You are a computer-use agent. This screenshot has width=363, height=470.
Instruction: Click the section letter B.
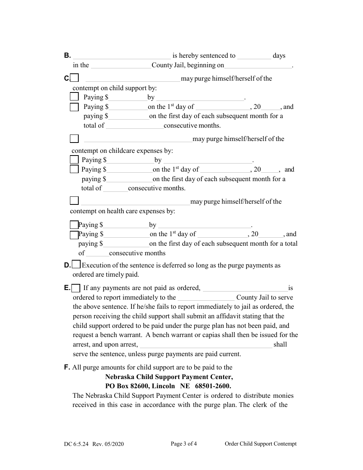67,55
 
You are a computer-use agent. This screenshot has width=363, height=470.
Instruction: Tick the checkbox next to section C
75,78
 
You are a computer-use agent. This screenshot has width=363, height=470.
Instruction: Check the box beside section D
76,264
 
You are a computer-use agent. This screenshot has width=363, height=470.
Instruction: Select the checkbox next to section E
76,288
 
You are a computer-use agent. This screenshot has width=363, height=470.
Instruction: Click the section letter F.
67,367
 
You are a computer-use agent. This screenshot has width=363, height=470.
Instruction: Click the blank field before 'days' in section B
254,56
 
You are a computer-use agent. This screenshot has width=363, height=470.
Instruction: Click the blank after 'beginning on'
258,66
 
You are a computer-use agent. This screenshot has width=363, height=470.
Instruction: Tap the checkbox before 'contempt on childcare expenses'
75,138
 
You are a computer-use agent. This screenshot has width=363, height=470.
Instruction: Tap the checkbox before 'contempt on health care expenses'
74,201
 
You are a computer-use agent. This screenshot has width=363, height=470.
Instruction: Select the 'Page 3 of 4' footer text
184,444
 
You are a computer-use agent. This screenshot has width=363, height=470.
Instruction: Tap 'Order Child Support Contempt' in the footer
260,444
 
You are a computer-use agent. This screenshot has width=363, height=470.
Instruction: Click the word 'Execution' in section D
96,265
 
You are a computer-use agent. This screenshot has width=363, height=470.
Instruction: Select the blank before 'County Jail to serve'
206,298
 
